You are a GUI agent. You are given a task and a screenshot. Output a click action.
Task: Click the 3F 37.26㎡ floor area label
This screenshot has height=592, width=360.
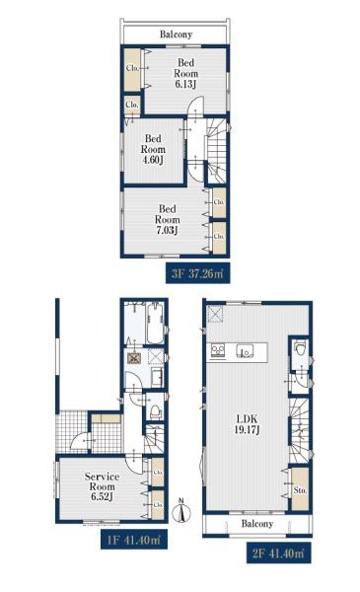[x=197, y=273]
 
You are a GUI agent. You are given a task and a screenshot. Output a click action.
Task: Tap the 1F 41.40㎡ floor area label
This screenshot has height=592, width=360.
[x=134, y=540]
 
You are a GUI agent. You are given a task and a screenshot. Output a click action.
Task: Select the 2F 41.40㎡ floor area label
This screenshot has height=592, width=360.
[x=279, y=553]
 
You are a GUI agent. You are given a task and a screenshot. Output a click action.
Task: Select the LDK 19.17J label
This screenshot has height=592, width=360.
[x=248, y=424]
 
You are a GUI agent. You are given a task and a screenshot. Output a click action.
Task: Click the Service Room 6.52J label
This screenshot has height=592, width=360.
[x=102, y=487]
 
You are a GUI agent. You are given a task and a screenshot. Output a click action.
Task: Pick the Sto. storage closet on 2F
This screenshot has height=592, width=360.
[x=301, y=489]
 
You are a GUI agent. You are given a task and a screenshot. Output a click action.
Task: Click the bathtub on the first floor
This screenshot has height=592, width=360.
[x=155, y=324]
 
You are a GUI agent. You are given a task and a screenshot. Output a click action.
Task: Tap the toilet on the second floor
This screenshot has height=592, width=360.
[x=301, y=349]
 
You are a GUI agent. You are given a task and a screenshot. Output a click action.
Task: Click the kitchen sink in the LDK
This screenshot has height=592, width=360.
[x=245, y=351]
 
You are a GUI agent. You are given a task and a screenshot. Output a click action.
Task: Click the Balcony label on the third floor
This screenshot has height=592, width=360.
[x=176, y=35]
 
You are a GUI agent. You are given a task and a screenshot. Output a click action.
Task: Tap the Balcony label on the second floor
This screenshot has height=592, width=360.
[x=257, y=524]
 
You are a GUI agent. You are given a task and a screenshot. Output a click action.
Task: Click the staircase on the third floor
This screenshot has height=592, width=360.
[x=217, y=151]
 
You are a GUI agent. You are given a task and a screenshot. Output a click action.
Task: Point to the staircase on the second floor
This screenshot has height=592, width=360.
[x=300, y=430]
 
